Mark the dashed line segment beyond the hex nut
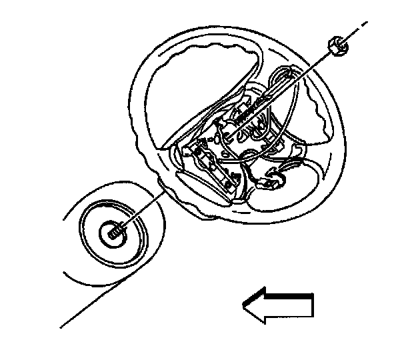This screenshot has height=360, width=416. coord(360,28)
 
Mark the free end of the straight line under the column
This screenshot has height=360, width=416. coord(62,327)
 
